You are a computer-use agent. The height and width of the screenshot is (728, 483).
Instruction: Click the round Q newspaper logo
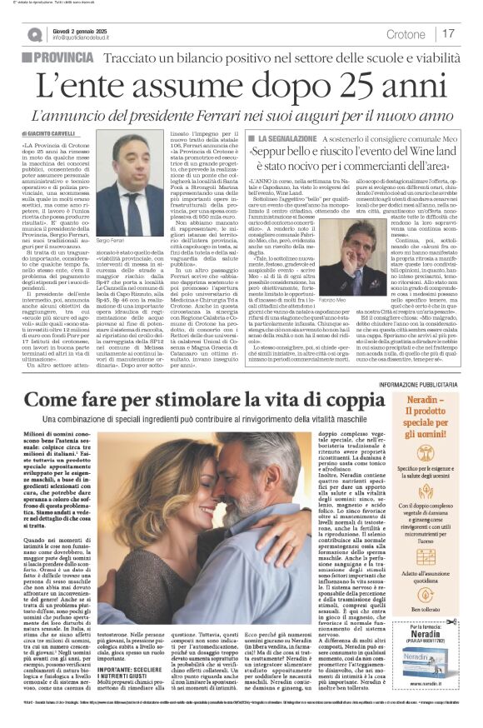[34, 34]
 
